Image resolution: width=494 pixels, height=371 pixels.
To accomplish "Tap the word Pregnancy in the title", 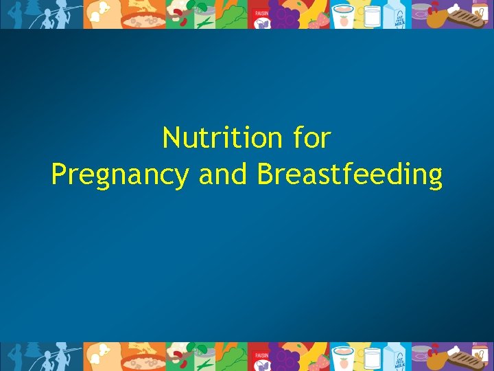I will [x=119, y=175].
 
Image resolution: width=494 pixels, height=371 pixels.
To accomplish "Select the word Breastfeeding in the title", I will [x=350, y=175].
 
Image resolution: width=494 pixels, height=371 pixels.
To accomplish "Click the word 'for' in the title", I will [x=311, y=138].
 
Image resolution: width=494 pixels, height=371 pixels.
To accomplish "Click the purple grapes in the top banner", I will [x=283, y=15].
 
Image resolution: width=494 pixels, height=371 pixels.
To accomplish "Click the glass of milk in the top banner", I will [x=373, y=15].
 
